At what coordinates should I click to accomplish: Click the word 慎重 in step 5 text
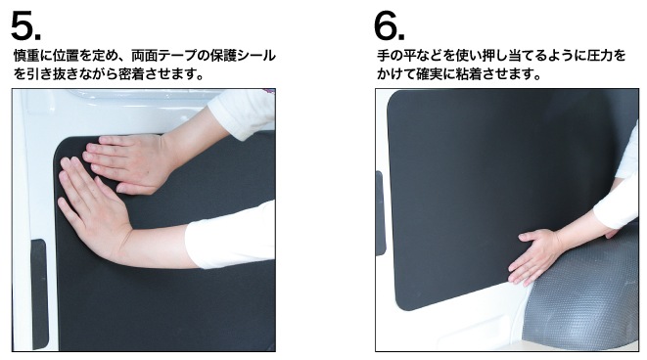pos(26,56)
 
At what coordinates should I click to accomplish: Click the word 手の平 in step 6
pos(396,56)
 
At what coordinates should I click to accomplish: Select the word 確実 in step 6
pos(429,74)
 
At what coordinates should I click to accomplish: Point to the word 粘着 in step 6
pos(469,74)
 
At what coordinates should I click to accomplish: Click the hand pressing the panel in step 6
pos(536,255)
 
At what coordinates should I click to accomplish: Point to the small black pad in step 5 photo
pos(38,293)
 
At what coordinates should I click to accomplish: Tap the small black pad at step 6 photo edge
pos(380,213)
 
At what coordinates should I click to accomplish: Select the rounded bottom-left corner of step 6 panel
pos(402,304)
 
